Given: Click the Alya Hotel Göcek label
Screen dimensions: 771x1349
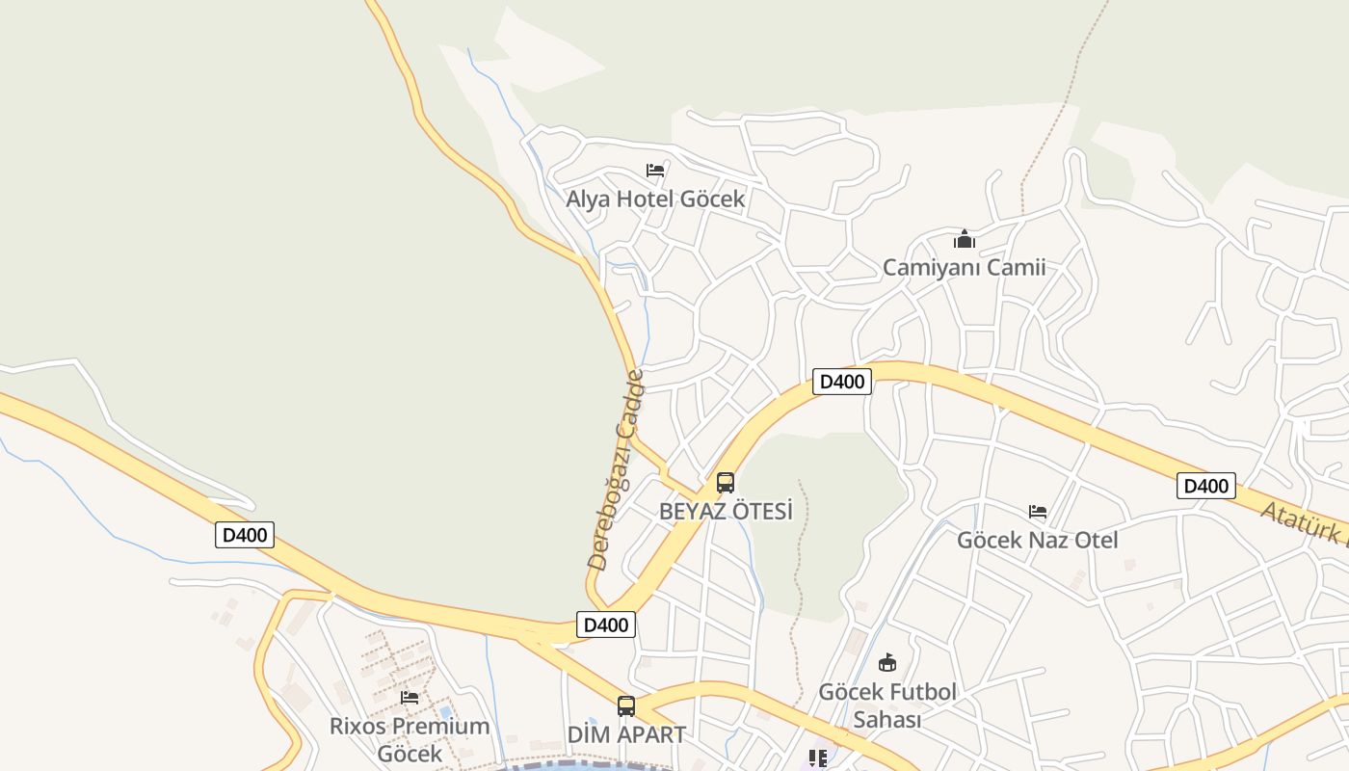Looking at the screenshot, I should pos(655,199).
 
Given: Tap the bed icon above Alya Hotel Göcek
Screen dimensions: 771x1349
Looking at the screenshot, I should pos(655,171).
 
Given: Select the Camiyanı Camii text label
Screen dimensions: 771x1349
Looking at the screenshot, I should pos(964,268).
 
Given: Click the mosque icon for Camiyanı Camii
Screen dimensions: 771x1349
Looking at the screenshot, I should pos(965,239).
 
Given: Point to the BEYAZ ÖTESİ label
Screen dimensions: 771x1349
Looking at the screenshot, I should pos(726,511).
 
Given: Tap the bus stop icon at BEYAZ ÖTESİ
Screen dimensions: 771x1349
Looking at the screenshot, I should pos(726,483).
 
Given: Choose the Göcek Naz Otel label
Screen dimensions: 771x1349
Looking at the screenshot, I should pos(1037,540).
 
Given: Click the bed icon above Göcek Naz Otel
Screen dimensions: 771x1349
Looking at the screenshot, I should pos(1038,512).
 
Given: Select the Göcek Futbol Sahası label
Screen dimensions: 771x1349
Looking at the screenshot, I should pos(887,705).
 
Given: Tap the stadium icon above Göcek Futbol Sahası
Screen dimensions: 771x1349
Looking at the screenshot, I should pos(887,663).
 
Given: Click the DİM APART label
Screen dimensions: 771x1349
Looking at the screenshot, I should pos(626,734).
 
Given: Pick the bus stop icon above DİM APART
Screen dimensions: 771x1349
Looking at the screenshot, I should pos(626,706).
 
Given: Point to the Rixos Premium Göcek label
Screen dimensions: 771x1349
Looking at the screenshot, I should pos(410,739).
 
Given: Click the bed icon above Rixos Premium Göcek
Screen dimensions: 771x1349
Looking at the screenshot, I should pos(410,697).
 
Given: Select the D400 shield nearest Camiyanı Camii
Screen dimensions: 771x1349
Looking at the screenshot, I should pos(842,382).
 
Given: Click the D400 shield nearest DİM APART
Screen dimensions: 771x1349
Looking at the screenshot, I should pos(606,625).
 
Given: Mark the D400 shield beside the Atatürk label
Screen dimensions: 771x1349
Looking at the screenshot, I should pos(1205,486).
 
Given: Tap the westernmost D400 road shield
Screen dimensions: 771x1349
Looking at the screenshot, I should pos(245,535).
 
